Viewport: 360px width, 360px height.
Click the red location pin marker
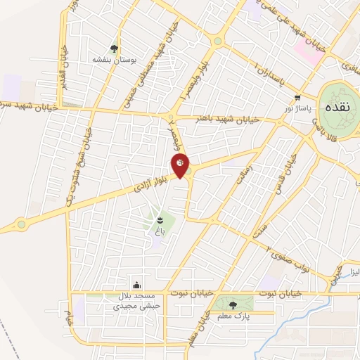click(x=181, y=166)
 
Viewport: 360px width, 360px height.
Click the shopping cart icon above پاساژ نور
click(x=298, y=98)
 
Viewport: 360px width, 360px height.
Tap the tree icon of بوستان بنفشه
click(x=114, y=48)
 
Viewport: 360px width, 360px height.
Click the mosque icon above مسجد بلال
click(x=136, y=286)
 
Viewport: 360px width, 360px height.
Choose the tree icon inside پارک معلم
click(x=233, y=304)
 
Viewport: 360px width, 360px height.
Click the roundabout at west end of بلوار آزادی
click(x=21, y=225)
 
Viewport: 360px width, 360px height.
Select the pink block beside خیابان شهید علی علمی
click(x=307, y=50)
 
